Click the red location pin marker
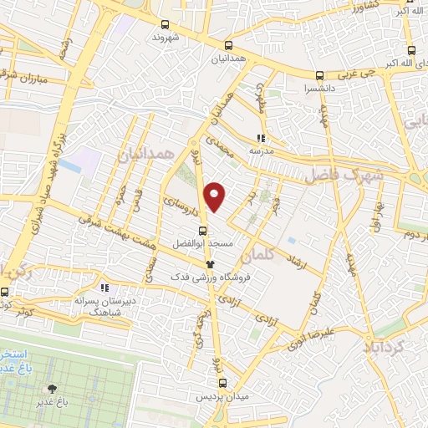coord(216,196)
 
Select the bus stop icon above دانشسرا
coord(320,74)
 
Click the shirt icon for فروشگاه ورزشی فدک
coord(198,263)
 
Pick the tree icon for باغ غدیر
coord(52,389)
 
